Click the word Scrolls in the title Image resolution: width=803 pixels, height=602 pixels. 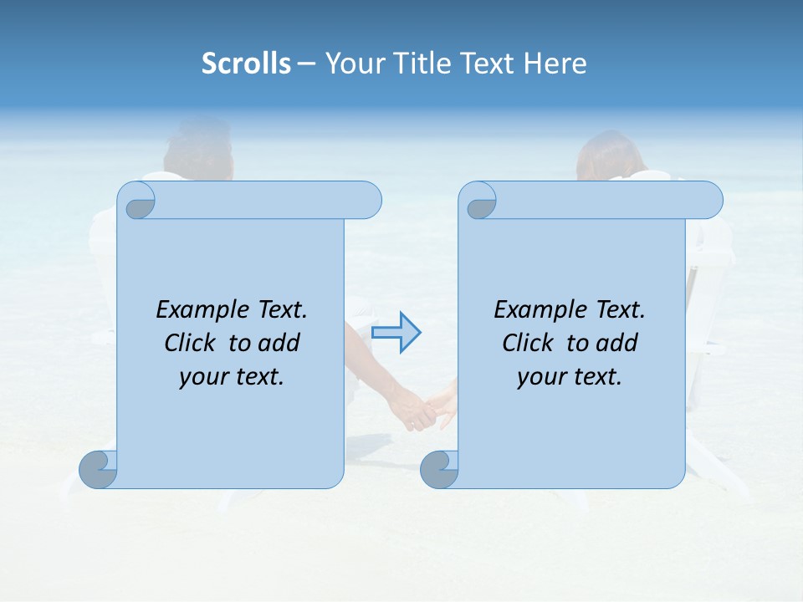coord(246,64)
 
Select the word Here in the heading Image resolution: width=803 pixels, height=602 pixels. coord(555,64)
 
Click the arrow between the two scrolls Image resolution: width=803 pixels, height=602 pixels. coord(396,332)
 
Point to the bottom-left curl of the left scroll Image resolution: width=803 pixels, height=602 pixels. coord(98,469)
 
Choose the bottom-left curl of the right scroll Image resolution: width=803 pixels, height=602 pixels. coord(439,469)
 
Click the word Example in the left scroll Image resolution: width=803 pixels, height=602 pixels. coord(194,310)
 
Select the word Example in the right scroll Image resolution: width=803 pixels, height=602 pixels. coord(532,310)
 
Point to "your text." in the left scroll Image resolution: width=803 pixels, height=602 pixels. coord(232,377)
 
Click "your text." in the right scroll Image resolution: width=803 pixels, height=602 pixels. coord(570,377)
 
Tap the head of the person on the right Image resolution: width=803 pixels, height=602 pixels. coord(609,156)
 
